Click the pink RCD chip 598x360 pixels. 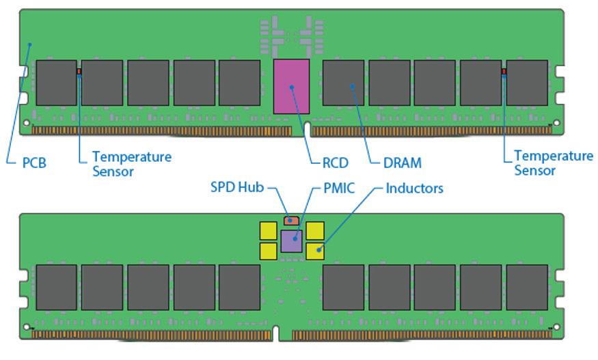click(291, 86)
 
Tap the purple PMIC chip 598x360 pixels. click(292, 241)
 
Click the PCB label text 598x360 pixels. click(34, 163)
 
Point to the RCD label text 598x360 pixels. click(335, 163)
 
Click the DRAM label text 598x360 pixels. click(402, 163)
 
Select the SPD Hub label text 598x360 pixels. click(236, 188)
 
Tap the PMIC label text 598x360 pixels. click(338, 188)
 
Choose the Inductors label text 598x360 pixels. click(415, 188)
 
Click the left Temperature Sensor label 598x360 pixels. click(132, 163)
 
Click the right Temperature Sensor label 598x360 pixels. click(553, 163)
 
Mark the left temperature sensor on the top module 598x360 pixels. click(79, 71)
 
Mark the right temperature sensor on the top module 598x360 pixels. click(504, 71)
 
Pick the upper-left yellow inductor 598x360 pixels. click(269, 230)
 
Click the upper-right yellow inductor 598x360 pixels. click(315, 230)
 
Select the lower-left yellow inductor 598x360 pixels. click(269, 251)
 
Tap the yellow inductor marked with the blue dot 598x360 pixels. click(315, 251)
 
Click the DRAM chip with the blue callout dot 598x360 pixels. click(344, 83)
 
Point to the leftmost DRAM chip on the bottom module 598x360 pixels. click(56, 287)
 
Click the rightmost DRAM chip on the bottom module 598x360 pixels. click(527, 287)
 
